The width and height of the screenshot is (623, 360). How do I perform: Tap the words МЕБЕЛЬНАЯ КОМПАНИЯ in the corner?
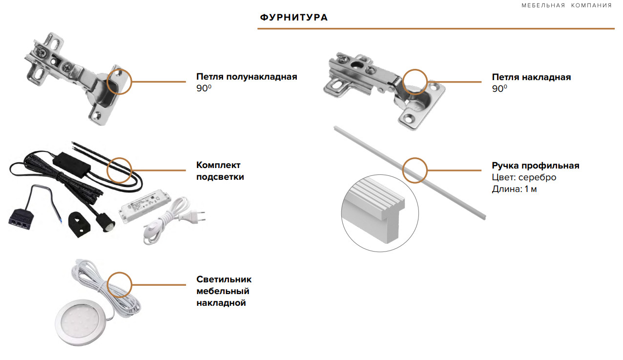(x=566, y=5)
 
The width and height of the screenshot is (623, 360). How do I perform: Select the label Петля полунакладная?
(x=247, y=77)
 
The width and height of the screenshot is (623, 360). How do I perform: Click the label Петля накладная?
(x=531, y=77)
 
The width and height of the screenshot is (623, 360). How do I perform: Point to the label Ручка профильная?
(x=535, y=166)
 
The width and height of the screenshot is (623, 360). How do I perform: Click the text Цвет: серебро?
(x=524, y=177)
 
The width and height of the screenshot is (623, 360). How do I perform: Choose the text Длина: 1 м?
(x=514, y=189)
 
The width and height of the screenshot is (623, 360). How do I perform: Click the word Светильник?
(x=224, y=279)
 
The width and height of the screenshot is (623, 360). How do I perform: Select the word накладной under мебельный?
(x=221, y=303)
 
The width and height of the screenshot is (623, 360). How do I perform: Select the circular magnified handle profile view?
(x=379, y=214)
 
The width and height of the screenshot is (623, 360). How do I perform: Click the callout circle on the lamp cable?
(x=119, y=284)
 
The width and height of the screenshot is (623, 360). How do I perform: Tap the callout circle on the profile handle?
(x=415, y=170)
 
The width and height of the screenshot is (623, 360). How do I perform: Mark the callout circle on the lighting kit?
(x=119, y=169)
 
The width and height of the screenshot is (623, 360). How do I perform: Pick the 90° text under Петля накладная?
(x=499, y=89)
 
